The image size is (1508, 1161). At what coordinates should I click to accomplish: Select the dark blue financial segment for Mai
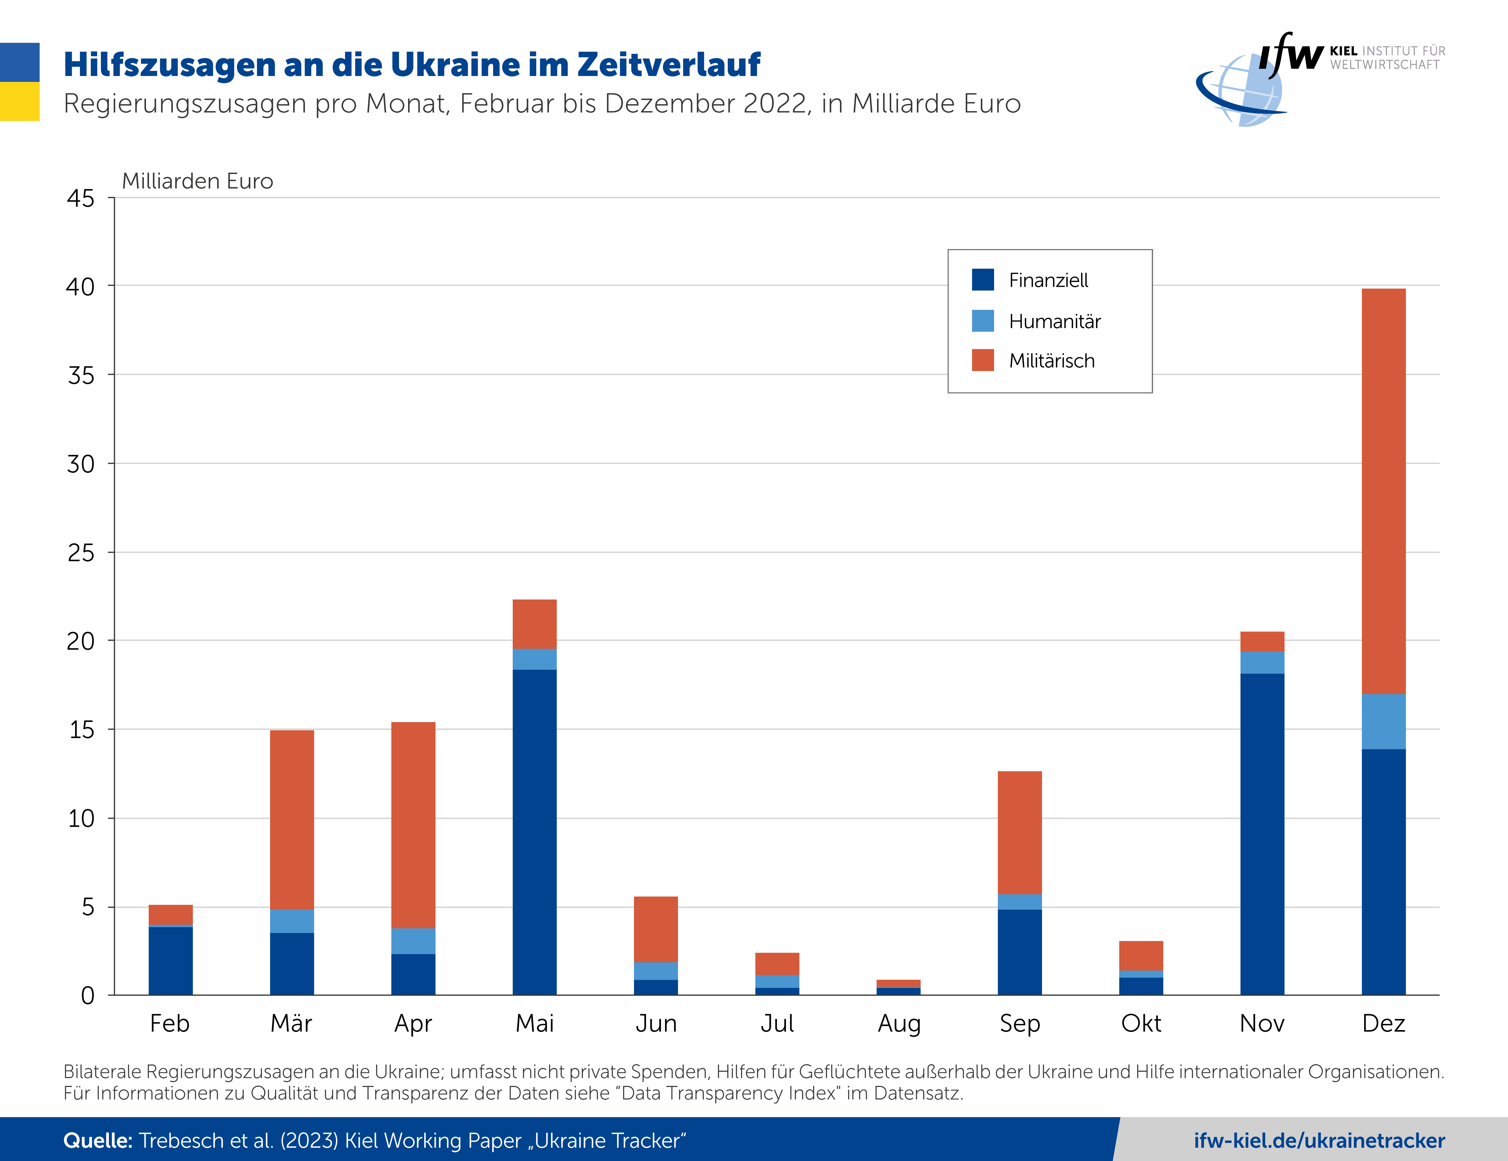pyautogui.click(x=534, y=832)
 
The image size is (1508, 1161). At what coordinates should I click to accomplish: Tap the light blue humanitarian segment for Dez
pyautogui.click(x=1383, y=721)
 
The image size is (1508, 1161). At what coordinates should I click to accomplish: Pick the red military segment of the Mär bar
pyautogui.click(x=291, y=819)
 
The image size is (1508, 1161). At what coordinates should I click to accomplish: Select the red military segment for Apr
pyautogui.click(x=413, y=825)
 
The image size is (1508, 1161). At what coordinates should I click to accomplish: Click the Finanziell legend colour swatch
pyautogui.click(x=983, y=280)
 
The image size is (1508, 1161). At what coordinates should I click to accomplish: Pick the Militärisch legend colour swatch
pyautogui.click(x=983, y=360)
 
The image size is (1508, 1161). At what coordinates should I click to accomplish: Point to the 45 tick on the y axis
pyautogui.click(x=81, y=199)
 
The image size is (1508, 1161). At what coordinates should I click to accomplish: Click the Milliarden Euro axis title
pyautogui.click(x=198, y=181)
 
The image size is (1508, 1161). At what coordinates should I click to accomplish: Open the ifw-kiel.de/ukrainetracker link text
pyautogui.click(x=1319, y=1140)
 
